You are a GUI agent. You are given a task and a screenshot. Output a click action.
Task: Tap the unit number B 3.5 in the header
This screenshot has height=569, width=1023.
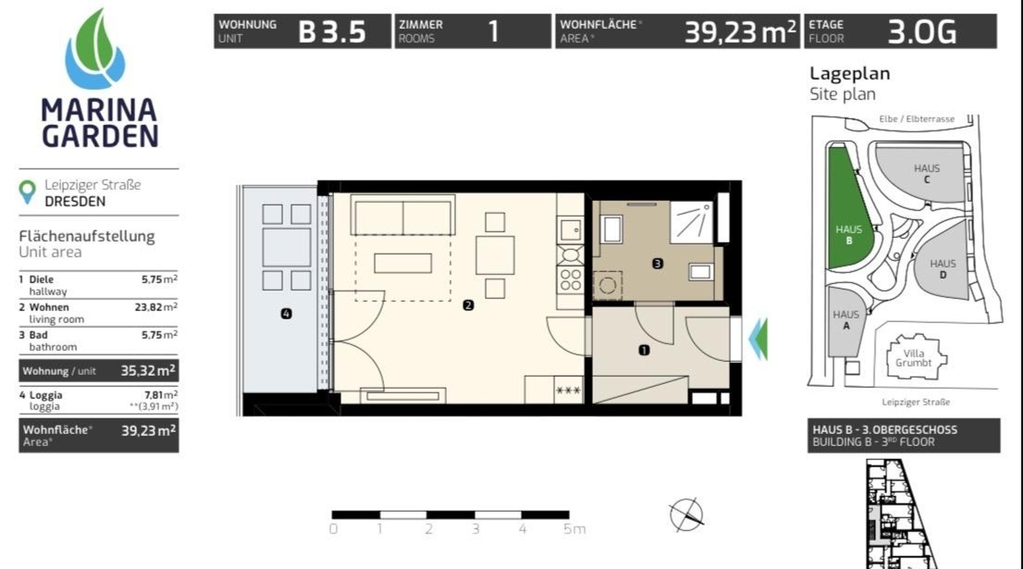tap(331, 32)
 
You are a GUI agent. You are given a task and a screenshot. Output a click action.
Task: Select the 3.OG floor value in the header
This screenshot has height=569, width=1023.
tap(922, 32)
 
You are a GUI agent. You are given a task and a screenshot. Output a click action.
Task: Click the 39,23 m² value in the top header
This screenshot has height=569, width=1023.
tap(740, 32)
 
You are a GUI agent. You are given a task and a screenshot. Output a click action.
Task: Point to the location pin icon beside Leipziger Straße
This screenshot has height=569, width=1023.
tap(27, 192)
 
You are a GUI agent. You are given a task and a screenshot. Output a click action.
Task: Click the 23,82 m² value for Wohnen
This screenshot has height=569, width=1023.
tap(156, 307)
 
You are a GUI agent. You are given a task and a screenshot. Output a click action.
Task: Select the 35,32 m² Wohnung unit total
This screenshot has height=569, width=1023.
tap(148, 370)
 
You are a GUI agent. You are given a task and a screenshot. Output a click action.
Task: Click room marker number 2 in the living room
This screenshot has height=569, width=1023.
tap(468, 305)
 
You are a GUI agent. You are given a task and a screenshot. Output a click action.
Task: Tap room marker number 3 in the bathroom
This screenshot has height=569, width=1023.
tap(657, 263)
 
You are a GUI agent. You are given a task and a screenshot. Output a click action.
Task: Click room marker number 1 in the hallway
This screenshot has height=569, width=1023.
tap(644, 350)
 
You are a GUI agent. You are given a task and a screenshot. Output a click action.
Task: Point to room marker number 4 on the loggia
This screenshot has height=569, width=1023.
tap(286, 314)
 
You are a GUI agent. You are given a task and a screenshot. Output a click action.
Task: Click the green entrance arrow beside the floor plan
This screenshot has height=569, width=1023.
tap(759, 338)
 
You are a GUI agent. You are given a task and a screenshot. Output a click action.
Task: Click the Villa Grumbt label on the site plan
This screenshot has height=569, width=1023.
tap(913, 358)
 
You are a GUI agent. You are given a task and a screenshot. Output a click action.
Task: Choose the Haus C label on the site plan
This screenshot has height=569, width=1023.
tap(927, 173)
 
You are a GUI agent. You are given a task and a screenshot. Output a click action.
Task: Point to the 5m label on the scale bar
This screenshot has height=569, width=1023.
tap(574, 529)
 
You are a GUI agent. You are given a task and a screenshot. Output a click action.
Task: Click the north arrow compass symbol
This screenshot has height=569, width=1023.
tap(686, 515)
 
